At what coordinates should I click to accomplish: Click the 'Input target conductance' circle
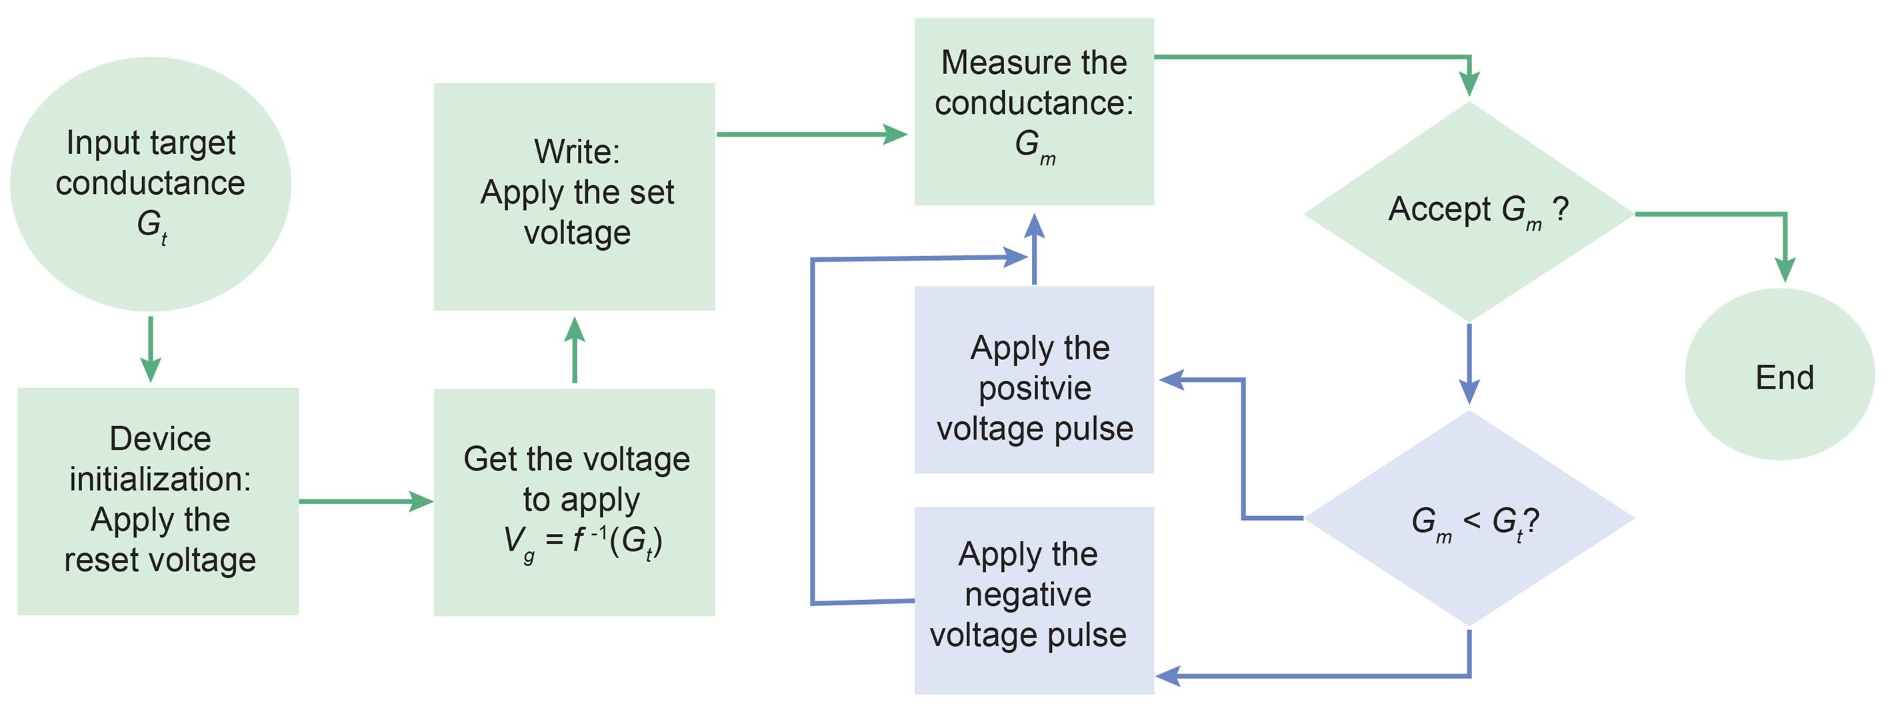click(151, 183)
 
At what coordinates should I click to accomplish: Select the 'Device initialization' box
click(158, 501)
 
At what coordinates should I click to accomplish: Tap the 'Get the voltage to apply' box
click(575, 502)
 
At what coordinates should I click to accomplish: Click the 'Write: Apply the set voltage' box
click(575, 196)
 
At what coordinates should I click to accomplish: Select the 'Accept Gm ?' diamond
click(1469, 211)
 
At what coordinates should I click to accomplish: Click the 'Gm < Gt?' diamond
click(1469, 518)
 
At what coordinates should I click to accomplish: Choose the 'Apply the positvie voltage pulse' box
click(1034, 379)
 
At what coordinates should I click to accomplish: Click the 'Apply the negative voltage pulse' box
click(1034, 599)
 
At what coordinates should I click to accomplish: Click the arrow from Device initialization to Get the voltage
click(367, 501)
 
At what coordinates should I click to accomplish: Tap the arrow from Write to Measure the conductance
click(811, 134)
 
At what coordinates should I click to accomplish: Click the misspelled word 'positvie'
click(1035, 389)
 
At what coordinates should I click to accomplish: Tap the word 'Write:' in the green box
click(577, 152)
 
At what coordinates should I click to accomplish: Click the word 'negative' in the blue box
click(1028, 595)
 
